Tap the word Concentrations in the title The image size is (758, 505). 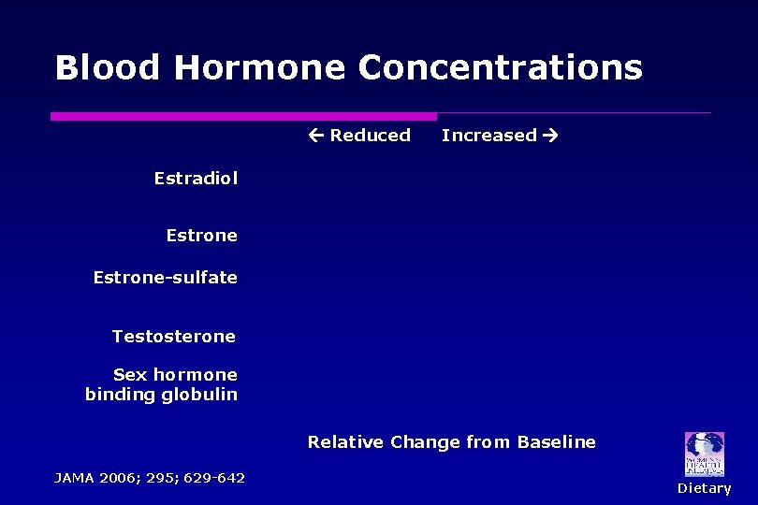point(500,68)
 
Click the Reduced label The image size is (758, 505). point(371,136)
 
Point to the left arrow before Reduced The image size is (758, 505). point(316,136)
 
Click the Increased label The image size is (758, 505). point(488,136)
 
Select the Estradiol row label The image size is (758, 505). point(196,178)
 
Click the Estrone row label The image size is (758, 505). point(201,236)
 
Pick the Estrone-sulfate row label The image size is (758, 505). point(165,278)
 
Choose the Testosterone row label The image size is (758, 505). point(174,336)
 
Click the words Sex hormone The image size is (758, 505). point(175,374)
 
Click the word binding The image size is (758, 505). point(119,395)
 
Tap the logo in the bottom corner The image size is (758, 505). point(704,454)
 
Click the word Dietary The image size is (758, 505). point(705,488)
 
